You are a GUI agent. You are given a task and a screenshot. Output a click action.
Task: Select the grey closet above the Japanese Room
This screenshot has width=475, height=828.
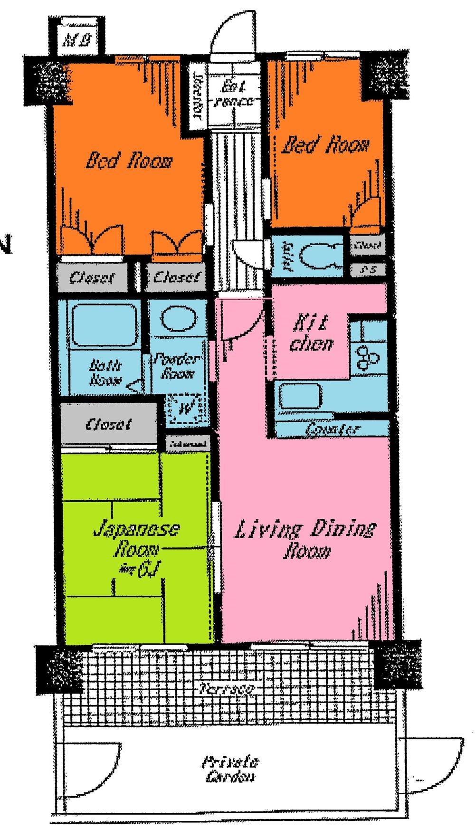pos(108,424)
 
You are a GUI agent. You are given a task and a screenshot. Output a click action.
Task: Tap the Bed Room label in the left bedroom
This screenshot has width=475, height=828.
pos(128,162)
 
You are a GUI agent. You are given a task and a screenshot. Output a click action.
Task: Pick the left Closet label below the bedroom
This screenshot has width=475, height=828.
pos(92,277)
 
